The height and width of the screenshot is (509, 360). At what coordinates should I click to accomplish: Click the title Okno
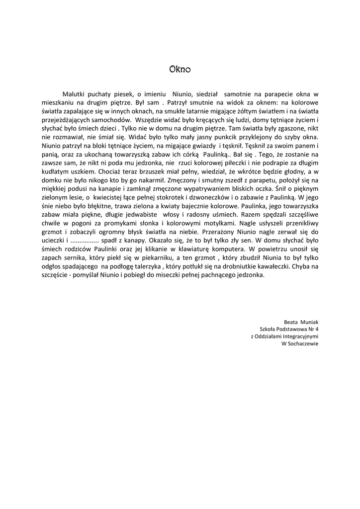[180, 69]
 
